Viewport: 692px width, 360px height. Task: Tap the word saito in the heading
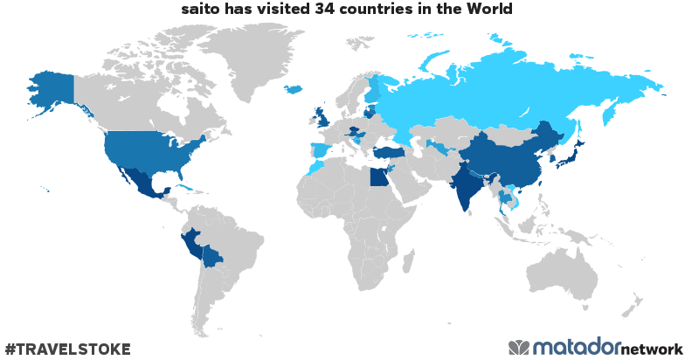pos(200,9)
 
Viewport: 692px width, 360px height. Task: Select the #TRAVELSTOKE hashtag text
pos(67,350)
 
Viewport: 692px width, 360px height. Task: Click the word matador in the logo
pos(577,347)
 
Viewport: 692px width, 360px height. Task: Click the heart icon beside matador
pos(519,347)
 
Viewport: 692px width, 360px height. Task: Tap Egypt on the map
pos(378,177)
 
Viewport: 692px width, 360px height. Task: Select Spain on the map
pos(321,151)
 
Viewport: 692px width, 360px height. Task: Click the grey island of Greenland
pos(262,61)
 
